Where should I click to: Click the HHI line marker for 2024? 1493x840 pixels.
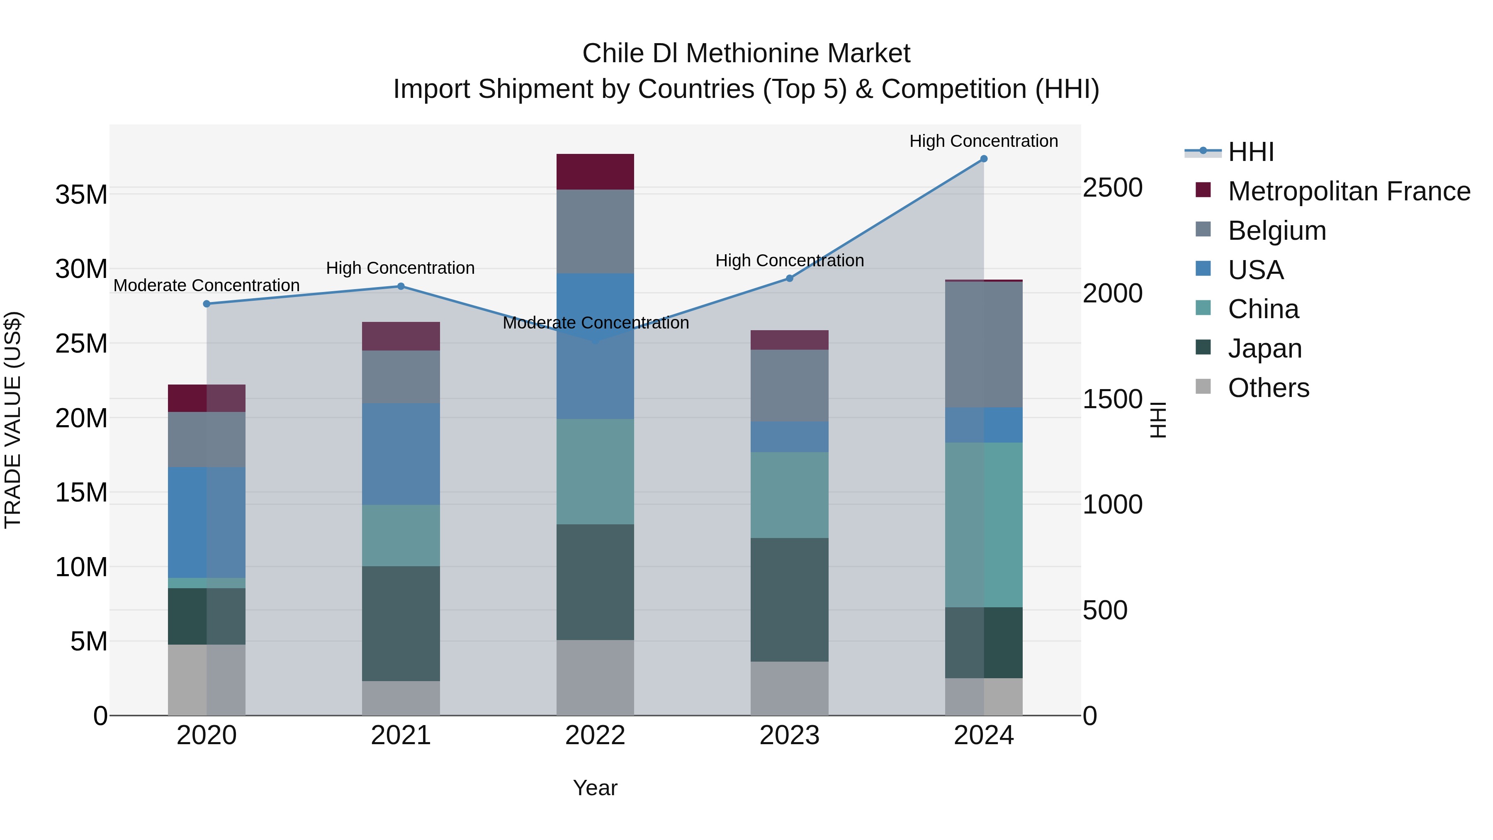(x=984, y=159)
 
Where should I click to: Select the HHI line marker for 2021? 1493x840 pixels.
(x=401, y=286)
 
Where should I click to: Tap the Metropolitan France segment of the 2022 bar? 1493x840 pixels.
(x=595, y=172)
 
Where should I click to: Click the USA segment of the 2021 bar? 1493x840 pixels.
(x=401, y=454)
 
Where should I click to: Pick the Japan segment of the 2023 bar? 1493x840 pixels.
(x=789, y=599)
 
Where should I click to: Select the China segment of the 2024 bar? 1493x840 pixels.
(x=984, y=525)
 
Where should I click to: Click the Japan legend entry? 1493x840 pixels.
(x=1264, y=348)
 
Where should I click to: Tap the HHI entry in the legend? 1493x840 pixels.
(x=1251, y=152)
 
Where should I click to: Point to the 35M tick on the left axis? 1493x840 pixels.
(x=81, y=195)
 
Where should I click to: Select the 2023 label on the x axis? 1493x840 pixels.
(x=789, y=735)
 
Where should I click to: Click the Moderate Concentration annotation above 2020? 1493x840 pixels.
(x=207, y=285)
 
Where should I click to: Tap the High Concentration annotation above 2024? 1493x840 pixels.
(x=984, y=141)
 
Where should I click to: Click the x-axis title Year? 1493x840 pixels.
(x=595, y=788)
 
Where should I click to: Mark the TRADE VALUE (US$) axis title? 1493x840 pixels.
(x=13, y=420)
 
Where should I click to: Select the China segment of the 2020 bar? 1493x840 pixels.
(x=207, y=583)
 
